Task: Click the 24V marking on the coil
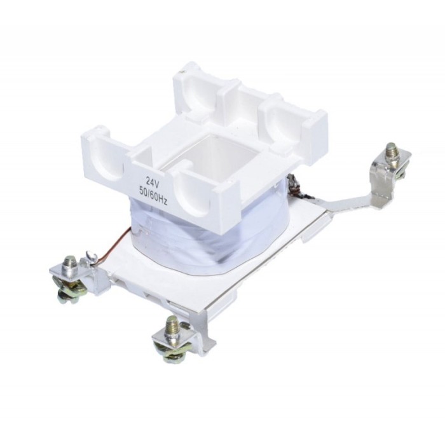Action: point(152,181)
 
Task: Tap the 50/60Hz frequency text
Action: point(153,194)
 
